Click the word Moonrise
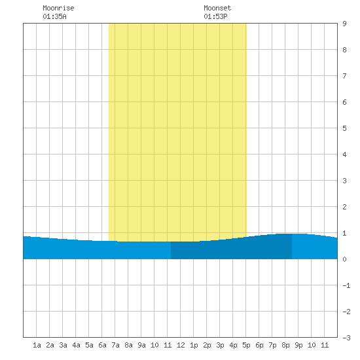(x=58, y=8)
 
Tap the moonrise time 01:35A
(x=54, y=16)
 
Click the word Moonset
(x=217, y=8)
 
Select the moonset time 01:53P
(x=215, y=16)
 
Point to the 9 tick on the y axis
(x=344, y=24)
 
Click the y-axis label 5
(x=344, y=128)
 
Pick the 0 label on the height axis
(x=344, y=259)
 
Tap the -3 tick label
(x=346, y=338)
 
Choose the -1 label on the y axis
(x=346, y=285)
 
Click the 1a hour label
(x=37, y=345)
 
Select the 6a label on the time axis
(x=102, y=345)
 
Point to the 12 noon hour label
(x=181, y=345)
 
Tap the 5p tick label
(x=246, y=345)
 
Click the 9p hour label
(x=298, y=345)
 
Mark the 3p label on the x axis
(x=220, y=345)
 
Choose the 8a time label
(x=128, y=345)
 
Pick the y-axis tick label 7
(x=344, y=76)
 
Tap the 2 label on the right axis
(x=344, y=207)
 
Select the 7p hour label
(x=272, y=345)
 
